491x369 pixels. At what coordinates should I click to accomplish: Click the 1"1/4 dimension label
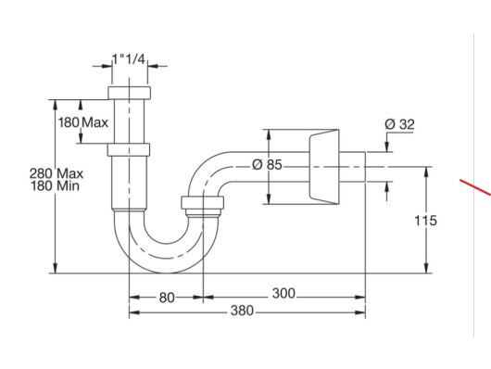[129, 58]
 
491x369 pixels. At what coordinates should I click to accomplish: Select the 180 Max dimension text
[83, 122]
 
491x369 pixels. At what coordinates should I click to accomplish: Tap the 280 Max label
[57, 173]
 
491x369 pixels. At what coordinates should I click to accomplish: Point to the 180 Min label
[55, 186]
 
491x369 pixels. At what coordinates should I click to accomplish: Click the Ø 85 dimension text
[267, 165]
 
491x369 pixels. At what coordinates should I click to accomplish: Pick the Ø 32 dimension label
[399, 124]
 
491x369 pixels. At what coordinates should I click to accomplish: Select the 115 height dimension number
[425, 221]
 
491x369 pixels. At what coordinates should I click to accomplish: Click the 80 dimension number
[167, 298]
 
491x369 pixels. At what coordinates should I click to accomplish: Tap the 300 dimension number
[283, 294]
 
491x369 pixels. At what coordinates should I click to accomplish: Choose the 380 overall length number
[242, 311]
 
